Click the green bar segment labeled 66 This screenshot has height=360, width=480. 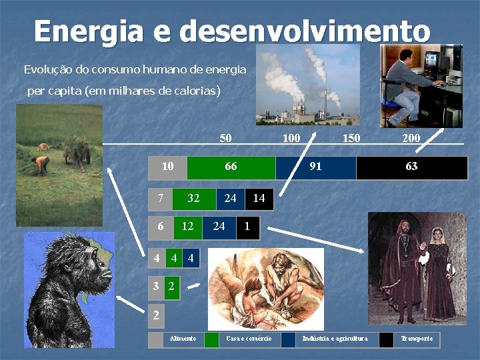(231, 167)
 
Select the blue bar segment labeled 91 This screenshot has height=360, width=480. (315, 167)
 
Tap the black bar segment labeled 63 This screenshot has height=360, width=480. (411, 167)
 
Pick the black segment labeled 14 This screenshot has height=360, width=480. (259, 199)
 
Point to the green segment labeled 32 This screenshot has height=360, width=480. (194, 199)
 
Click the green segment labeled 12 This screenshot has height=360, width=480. (188, 227)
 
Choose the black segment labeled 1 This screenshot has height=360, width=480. (247, 227)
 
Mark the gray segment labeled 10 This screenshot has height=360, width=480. (167, 167)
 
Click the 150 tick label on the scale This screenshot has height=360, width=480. (351, 139)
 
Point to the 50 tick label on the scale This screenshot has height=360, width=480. (226, 139)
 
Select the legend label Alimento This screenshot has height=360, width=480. (183, 339)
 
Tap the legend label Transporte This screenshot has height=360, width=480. (417, 339)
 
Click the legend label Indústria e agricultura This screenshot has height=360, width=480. (335, 339)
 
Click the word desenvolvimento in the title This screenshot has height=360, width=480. (305, 31)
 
